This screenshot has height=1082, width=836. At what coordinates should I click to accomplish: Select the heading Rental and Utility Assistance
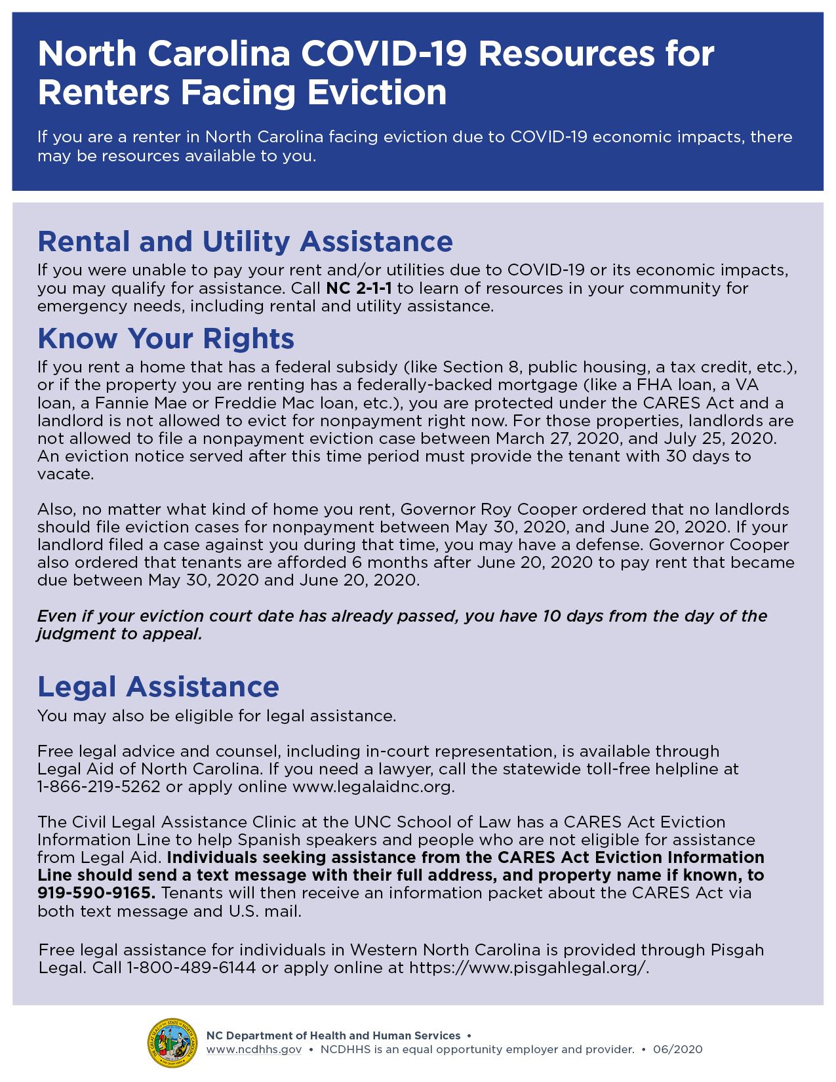[245, 241]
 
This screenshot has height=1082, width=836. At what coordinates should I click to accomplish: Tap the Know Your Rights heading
[166, 338]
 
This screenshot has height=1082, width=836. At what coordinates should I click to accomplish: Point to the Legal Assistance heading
[159, 687]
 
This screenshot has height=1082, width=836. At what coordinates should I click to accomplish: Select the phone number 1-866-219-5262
[99, 787]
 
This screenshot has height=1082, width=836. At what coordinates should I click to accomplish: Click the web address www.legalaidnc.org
[373, 787]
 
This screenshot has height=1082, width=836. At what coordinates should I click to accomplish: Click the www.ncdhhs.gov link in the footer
[254, 1050]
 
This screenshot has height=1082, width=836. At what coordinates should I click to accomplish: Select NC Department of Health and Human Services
[333, 1036]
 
